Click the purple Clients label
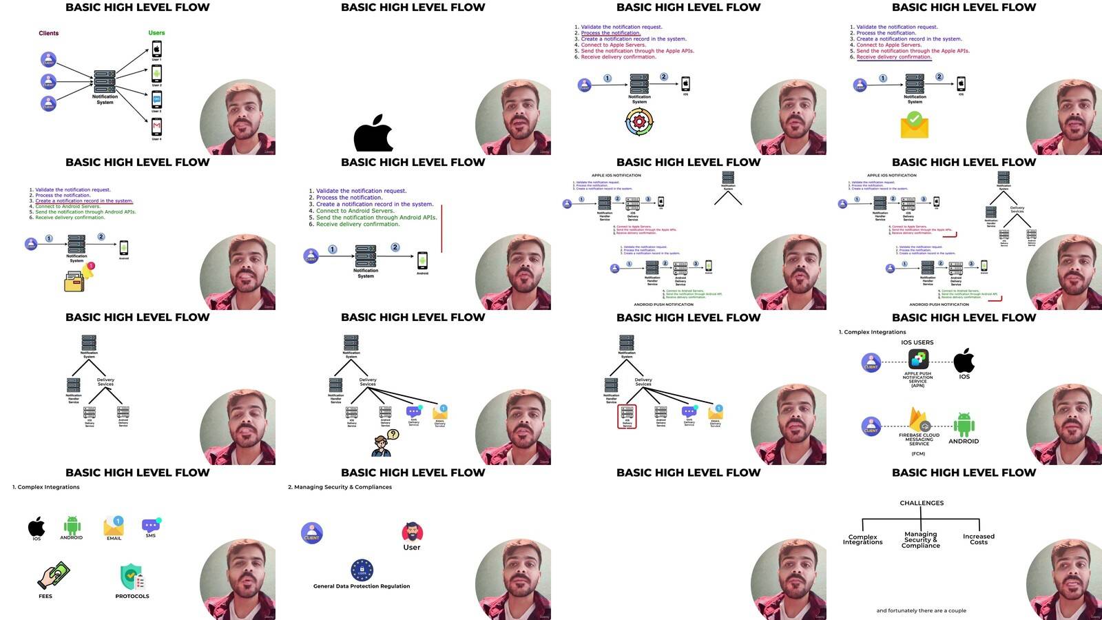pos(49,33)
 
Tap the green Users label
pos(156,32)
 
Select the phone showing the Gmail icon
pos(156,127)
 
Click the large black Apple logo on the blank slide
pos(373,134)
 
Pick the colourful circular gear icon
pos(638,123)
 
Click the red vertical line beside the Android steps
pos(441,228)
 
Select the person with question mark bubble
pos(382,444)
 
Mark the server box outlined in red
pos(627,416)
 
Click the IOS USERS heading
pos(917,342)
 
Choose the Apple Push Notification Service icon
pos(918,359)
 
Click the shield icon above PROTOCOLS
pos(132,577)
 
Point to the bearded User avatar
pos(412,532)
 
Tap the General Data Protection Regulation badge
pos(362,570)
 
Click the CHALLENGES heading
pos(922,503)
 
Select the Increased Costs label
pos(979,539)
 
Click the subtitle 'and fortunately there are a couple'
pos(921,610)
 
